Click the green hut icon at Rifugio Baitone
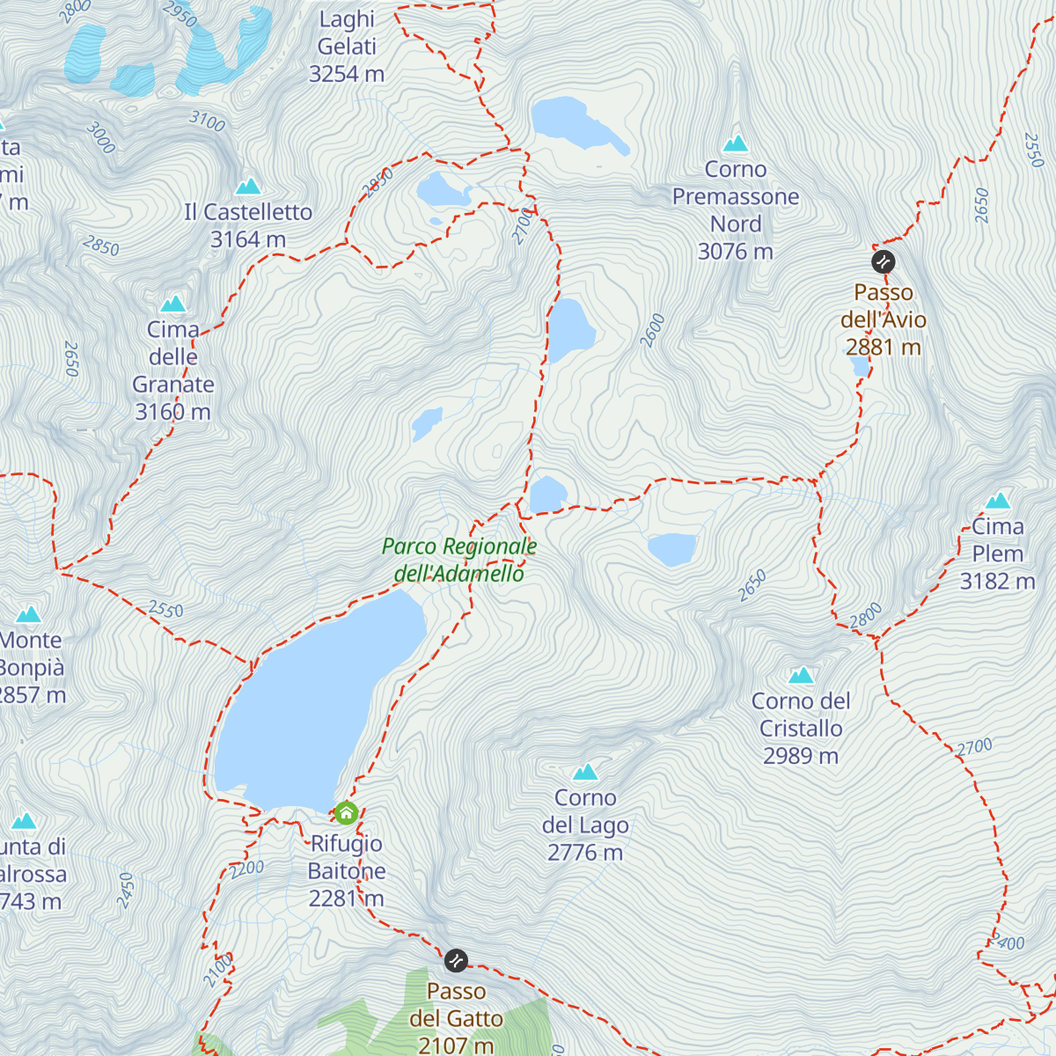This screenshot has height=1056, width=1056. (x=346, y=812)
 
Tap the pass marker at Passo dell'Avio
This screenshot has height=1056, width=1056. (x=883, y=261)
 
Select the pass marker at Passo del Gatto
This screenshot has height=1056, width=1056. (x=456, y=960)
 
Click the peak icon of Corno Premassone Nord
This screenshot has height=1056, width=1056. (x=736, y=143)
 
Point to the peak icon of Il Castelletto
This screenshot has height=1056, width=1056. (x=248, y=186)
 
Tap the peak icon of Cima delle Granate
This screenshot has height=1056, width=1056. (x=173, y=304)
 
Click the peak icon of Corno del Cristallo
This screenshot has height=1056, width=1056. (x=801, y=675)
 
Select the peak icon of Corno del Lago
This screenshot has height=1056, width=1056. (x=585, y=772)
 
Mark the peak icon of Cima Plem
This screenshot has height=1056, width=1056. (x=997, y=501)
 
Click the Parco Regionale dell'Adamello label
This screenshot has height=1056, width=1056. (x=459, y=560)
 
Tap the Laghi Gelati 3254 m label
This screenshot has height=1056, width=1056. (x=347, y=47)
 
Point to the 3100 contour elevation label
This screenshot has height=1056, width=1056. (x=208, y=121)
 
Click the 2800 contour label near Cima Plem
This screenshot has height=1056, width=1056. (x=866, y=616)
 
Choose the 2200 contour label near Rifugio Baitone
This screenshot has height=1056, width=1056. (x=247, y=869)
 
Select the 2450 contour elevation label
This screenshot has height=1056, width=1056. (x=126, y=890)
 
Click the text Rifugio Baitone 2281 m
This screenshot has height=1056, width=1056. (x=347, y=870)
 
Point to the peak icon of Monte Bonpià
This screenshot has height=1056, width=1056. (x=28, y=613)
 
